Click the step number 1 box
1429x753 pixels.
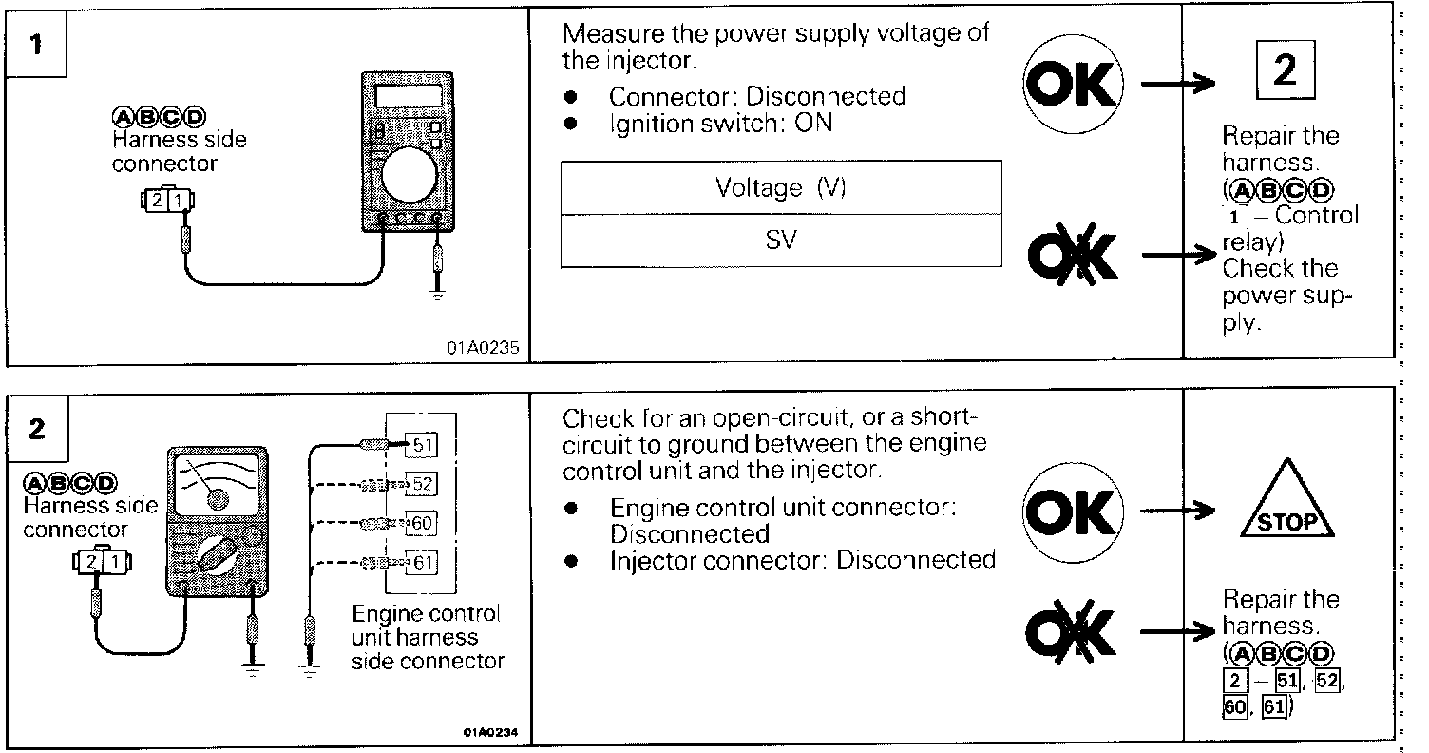click(x=36, y=45)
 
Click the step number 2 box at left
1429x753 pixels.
click(x=36, y=429)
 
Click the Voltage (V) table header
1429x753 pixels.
click(x=780, y=187)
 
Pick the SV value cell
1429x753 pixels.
click(x=780, y=240)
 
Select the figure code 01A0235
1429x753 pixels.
click(x=482, y=348)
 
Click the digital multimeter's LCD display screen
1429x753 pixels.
click(x=409, y=96)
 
